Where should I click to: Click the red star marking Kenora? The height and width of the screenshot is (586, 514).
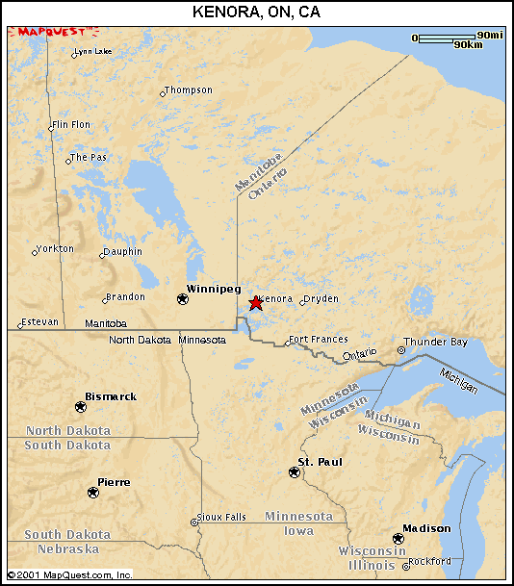coord(255,303)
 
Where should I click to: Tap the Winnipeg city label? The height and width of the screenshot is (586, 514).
coord(213,289)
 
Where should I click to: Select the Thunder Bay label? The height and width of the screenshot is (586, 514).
coord(435,342)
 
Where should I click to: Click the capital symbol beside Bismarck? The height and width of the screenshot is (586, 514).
coord(80,407)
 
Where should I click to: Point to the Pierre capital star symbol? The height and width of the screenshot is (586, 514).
coord(93,492)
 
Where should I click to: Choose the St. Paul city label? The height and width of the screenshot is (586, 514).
coord(319,463)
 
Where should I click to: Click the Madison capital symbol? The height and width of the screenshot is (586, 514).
coord(398,539)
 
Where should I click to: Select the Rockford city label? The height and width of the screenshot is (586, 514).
coord(429,561)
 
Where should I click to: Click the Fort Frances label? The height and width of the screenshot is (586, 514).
coord(318,340)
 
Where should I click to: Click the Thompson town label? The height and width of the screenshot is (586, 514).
coord(189,90)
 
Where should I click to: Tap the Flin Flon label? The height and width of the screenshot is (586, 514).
coord(71,125)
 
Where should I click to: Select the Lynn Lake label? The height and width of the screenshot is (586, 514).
coord(93,51)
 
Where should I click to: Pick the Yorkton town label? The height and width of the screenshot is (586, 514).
coord(54,248)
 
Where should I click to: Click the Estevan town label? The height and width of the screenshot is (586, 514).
coord(40,321)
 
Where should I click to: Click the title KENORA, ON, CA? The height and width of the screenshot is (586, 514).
coord(257,12)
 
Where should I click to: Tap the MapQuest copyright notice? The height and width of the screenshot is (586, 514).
coord(67,575)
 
